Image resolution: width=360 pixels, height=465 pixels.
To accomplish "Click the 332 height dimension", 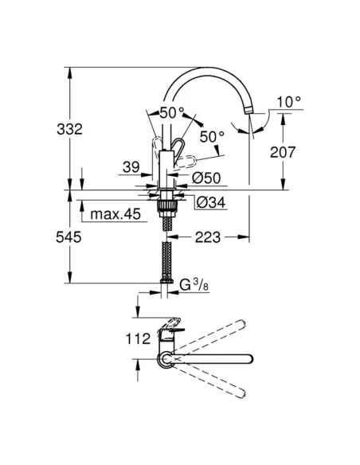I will point(53,128).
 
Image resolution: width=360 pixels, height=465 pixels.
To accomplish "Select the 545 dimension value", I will point(53,237).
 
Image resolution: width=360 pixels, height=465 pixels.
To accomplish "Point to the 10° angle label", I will point(288,102).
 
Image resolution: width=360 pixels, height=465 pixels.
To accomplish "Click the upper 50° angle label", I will point(171,113).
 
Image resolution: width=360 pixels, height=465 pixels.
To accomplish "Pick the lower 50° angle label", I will point(211,137).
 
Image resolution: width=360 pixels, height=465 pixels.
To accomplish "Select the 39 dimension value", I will point(131,167).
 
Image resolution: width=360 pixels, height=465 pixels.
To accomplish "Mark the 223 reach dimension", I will point(206,236).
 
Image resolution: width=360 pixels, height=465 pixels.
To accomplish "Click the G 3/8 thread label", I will point(194,284).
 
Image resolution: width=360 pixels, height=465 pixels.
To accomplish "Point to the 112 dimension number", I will point(139,338).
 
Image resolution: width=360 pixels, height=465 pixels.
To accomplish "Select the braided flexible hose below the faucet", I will point(166,259).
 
